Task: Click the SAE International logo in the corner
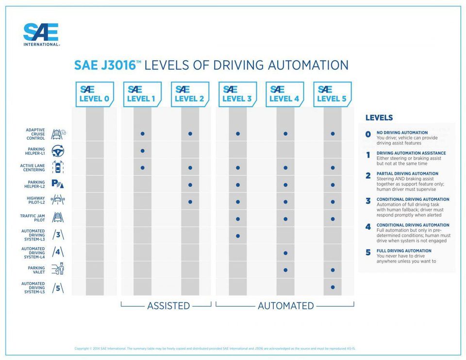click(x=41, y=34)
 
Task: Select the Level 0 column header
click(x=95, y=94)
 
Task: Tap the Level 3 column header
click(x=237, y=94)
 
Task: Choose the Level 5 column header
click(x=332, y=94)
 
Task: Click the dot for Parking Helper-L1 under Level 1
click(x=142, y=150)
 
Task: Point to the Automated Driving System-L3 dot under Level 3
click(x=237, y=236)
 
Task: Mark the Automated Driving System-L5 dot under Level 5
click(x=333, y=287)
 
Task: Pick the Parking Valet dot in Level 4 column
click(x=285, y=270)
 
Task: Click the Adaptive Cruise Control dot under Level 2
click(x=190, y=133)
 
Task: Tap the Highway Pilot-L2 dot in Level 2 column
click(x=190, y=202)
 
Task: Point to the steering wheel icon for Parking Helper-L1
click(x=58, y=150)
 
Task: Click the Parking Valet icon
click(x=58, y=269)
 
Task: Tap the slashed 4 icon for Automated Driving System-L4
click(x=58, y=252)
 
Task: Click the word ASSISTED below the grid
click(x=168, y=306)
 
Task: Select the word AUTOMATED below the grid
click(x=285, y=306)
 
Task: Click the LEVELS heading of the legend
click(x=379, y=118)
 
